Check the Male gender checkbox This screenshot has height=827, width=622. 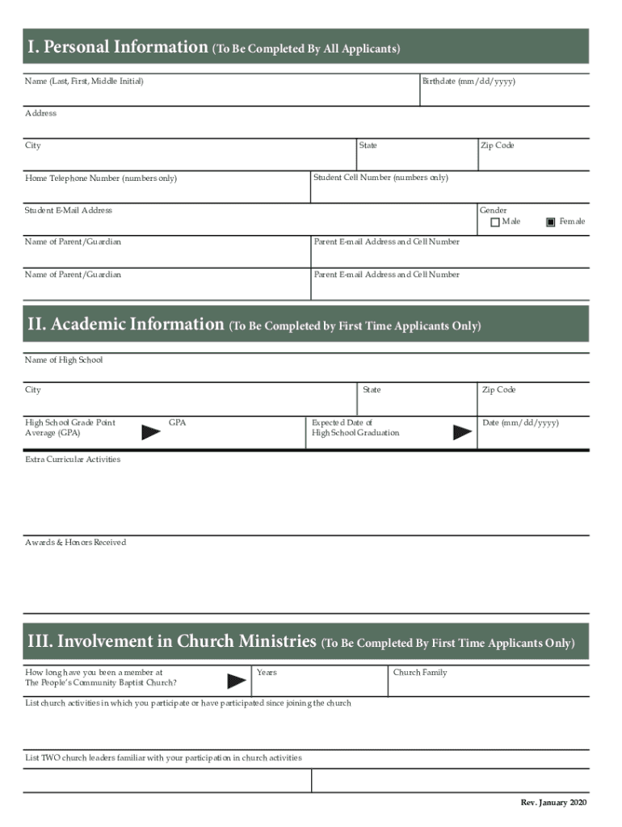495,222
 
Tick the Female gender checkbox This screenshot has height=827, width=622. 551,222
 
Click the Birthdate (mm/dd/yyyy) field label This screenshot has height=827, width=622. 469,82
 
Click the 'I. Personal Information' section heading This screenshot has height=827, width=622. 118,48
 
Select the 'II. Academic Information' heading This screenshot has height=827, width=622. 125,325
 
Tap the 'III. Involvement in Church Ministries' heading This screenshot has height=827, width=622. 171,642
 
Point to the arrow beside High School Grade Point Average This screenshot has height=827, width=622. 151,432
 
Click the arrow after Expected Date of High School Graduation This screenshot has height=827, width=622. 462,432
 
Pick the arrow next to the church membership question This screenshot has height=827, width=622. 237,681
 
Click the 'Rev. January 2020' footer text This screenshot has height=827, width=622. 554,802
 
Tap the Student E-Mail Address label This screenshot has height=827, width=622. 69,211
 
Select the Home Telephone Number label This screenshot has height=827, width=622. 101,178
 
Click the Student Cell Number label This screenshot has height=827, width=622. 380,178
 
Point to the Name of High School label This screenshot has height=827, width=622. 64,360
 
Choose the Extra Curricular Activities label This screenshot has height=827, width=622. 73,460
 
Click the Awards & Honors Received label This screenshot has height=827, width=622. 76,543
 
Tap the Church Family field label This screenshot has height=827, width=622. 420,673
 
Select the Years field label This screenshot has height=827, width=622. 267,673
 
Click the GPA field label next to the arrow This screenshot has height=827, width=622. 178,422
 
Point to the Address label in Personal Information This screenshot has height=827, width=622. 40,114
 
